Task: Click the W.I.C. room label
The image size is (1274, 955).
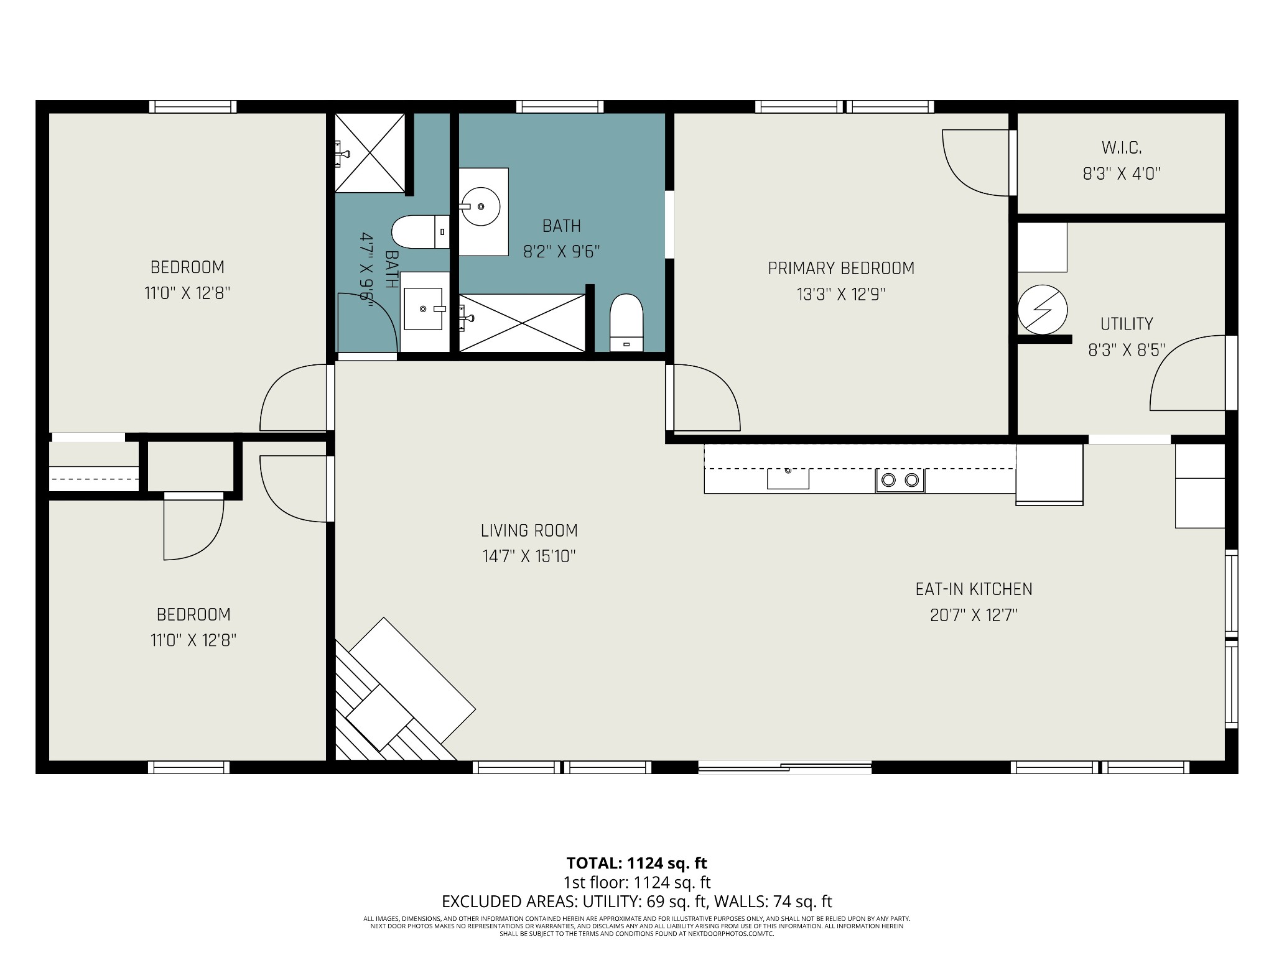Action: coord(1122,148)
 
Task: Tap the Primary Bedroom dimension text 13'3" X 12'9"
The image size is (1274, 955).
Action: coord(841,294)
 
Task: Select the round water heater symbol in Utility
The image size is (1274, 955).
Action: coord(1043,310)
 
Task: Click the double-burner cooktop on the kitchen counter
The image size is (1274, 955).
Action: coord(900,480)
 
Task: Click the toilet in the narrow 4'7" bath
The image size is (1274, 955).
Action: coord(421,232)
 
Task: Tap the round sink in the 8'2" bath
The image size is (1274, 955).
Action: coord(480,206)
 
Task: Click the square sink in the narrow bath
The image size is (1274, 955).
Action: coord(424,309)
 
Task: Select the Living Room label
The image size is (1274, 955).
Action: coord(529,530)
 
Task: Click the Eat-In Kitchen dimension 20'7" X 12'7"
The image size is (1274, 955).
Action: coord(974,615)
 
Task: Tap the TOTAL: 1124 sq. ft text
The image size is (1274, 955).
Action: coord(636,863)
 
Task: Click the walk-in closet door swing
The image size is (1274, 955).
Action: coord(976,163)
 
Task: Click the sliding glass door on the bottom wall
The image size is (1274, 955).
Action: coord(785,768)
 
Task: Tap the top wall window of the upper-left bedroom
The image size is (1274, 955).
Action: coord(193,107)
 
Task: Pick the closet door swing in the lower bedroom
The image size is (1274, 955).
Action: coord(193,528)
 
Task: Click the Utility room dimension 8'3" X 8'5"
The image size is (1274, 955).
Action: coord(1127,350)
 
